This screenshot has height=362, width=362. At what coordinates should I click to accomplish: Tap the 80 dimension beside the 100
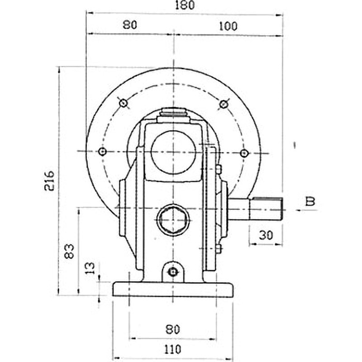tap(129, 25)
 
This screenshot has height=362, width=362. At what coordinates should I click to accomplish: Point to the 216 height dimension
tap(49, 181)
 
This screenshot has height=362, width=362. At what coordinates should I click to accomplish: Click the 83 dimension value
tap(69, 251)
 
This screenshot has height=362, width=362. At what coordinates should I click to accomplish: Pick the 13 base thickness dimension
tap(90, 268)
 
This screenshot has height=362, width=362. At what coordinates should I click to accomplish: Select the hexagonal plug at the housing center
tap(173, 220)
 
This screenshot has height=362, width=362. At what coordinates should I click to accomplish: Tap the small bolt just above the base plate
tap(172, 271)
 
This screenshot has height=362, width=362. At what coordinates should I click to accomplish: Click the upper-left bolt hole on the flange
tap(123, 104)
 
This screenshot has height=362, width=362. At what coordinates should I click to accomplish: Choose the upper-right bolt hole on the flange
tap(223, 104)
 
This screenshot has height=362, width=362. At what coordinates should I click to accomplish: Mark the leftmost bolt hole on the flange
tap(103, 152)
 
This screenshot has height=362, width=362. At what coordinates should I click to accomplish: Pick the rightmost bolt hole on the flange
tap(244, 153)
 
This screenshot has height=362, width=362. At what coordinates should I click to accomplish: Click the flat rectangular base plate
tap(173, 290)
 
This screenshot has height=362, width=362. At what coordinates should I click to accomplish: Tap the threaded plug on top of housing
tap(173, 113)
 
